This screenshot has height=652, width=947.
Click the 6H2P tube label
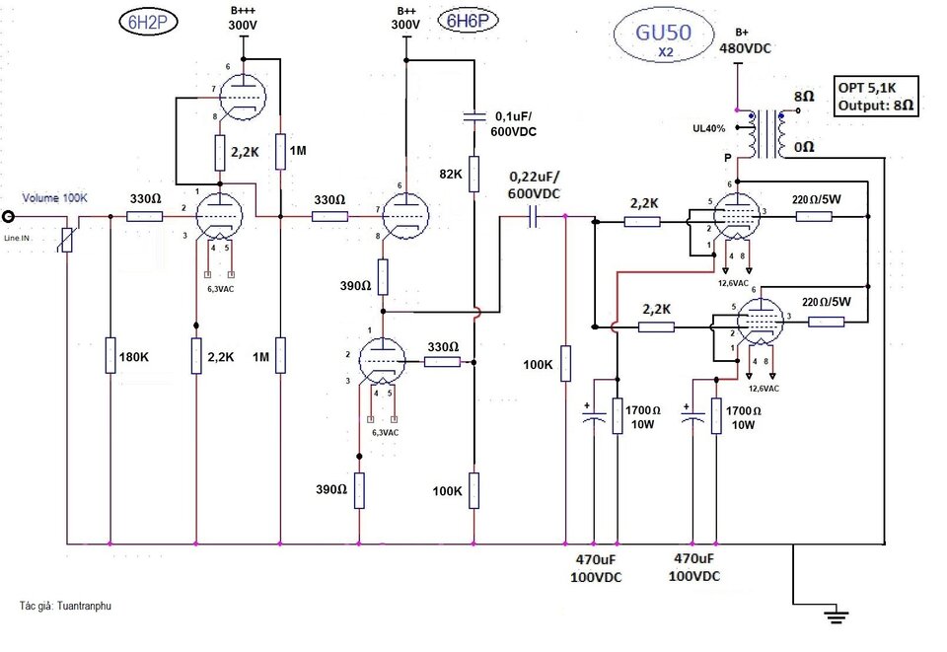[x=149, y=22]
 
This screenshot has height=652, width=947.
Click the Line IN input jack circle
[x=9, y=216]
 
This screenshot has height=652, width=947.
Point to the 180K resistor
[x=110, y=355]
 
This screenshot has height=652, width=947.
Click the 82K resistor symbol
[x=474, y=174]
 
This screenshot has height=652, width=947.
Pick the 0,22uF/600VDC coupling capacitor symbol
[x=533, y=216]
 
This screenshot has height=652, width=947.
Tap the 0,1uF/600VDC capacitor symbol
[x=474, y=116]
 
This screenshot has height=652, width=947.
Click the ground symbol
[x=837, y=616]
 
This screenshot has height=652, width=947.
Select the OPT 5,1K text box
[x=876, y=96]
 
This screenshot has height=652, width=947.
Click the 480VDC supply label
[x=746, y=48]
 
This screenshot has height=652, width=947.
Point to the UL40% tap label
[x=709, y=128]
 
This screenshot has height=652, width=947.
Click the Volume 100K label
[x=55, y=197]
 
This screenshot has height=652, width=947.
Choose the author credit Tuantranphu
[x=65, y=606]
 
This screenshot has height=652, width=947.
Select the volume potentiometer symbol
[x=68, y=240]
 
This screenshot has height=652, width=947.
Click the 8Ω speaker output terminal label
[x=804, y=96]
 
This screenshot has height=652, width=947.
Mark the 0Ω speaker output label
[x=804, y=147]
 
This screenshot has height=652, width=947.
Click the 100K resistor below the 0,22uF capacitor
[x=566, y=363]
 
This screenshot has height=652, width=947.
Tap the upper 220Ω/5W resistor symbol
[x=814, y=216]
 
